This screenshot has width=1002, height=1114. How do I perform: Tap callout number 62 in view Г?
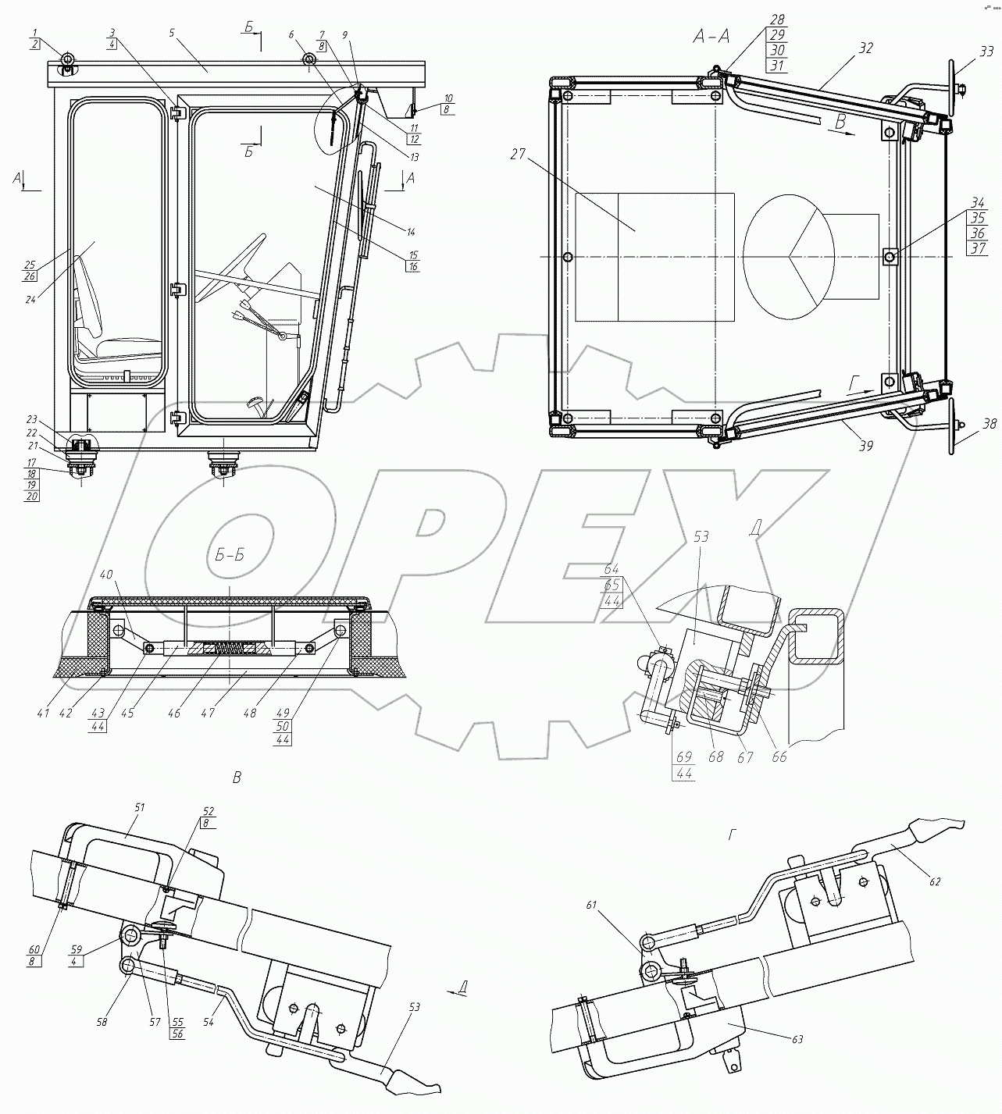pyautogui.click(x=935, y=881)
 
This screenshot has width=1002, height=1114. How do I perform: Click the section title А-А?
pyautogui.click(x=715, y=36)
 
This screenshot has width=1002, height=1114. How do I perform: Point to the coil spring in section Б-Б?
pyautogui.click(x=229, y=648)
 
